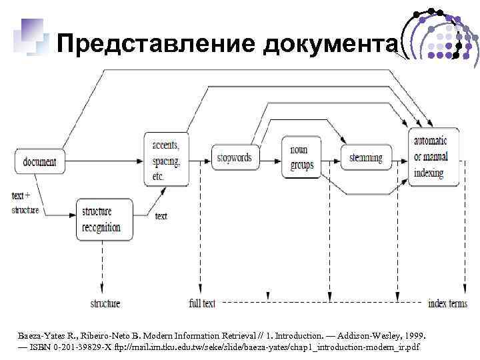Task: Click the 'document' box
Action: pos(39,161)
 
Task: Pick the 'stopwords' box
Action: pos(235,158)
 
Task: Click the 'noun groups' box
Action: pos(301,158)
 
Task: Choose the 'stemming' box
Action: pos(365,158)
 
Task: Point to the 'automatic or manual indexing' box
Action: pos(433,157)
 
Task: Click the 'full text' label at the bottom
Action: pos(202,303)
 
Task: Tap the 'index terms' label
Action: pos(447,303)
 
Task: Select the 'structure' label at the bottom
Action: pos(105,303)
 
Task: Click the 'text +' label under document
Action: pos(25,196)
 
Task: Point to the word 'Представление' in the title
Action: pos(157,44)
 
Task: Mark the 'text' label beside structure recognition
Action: pos(161,216)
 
